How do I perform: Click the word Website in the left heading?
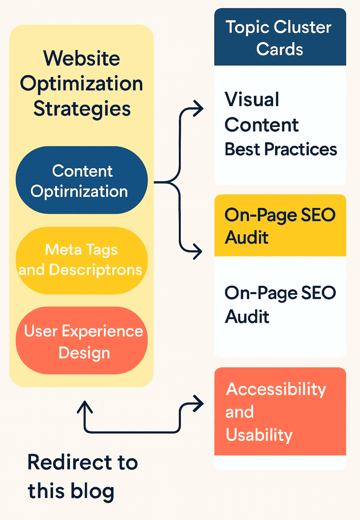81,58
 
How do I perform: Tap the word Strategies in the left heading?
82,108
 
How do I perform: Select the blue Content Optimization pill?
81,181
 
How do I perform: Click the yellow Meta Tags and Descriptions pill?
81,260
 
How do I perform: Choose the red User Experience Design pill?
81,341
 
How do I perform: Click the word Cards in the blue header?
280,50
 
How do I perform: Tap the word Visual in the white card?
252,99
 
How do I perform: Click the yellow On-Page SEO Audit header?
280,226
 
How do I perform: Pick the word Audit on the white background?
247,317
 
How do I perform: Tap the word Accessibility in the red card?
276,389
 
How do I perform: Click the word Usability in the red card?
259,435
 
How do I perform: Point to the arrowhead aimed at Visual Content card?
199,108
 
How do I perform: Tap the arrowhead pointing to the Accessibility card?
199,404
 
